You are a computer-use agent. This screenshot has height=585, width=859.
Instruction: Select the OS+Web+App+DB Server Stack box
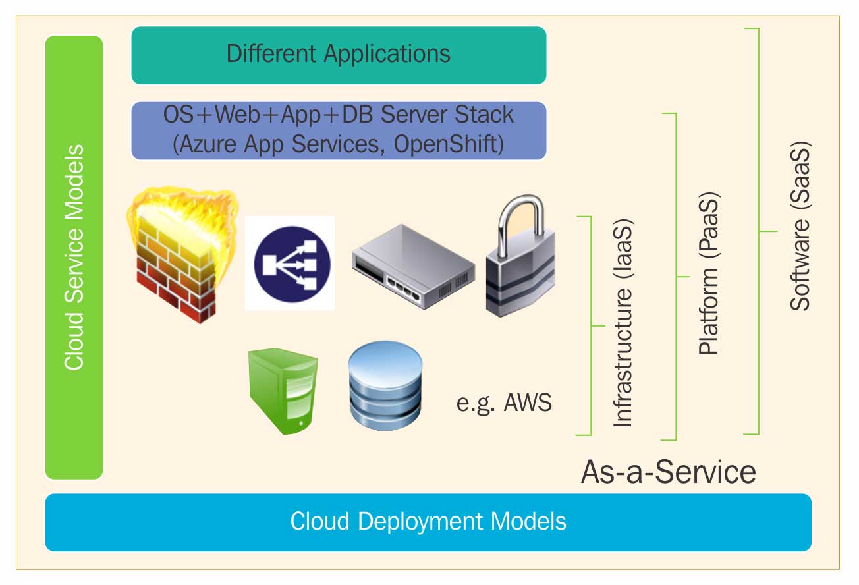coord(339,130)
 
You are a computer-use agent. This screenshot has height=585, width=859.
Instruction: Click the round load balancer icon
coord(290,263)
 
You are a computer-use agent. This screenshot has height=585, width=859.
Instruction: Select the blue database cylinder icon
coord(385,387)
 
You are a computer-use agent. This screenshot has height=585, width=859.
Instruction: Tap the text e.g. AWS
coord(504,403)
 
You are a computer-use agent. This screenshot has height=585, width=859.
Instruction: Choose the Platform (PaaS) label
coord(709,274)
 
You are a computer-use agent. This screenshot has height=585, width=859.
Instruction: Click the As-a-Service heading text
coord(668,472)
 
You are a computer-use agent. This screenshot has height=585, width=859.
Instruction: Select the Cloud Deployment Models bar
coord(428,522)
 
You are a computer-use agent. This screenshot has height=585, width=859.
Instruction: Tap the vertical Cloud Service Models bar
coord(74,257)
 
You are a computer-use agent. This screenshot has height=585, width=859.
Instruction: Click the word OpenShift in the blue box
coord(449,144)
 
